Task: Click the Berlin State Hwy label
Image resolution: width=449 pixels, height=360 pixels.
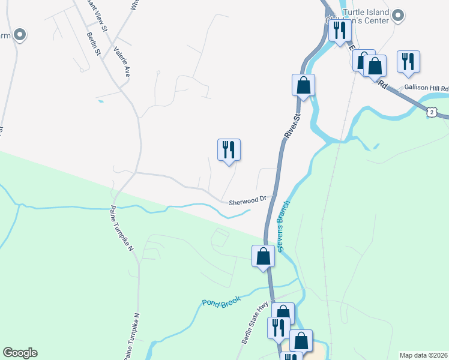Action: (255, 323)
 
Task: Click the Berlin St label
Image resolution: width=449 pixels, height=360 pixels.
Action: (92, 42)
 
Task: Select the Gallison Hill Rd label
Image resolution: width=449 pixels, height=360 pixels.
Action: (426, 88)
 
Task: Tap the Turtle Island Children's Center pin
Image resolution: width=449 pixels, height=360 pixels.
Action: (397, 16)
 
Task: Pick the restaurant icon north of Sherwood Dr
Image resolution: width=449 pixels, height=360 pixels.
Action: (229, 150)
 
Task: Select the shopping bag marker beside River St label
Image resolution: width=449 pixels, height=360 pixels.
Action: (304, 85)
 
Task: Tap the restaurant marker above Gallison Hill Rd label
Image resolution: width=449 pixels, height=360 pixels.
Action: (408, 61)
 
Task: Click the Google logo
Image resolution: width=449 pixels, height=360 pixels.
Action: (20, 353)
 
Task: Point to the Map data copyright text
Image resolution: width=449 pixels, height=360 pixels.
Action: (423, 355)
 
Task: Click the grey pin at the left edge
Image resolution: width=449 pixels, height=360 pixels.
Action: (20, 35)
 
